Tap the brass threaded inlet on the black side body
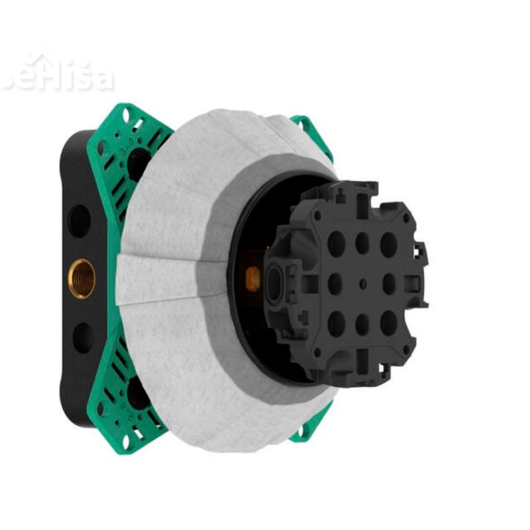(x=83, y=278)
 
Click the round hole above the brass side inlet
(x=79, y=221)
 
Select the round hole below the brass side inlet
(x=83, y=337)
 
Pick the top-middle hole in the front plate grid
(x=362, y=243)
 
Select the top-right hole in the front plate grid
(x=389, y=244)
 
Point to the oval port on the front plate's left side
(x=274, y=278)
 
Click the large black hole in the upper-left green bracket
(x=138, y=161)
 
